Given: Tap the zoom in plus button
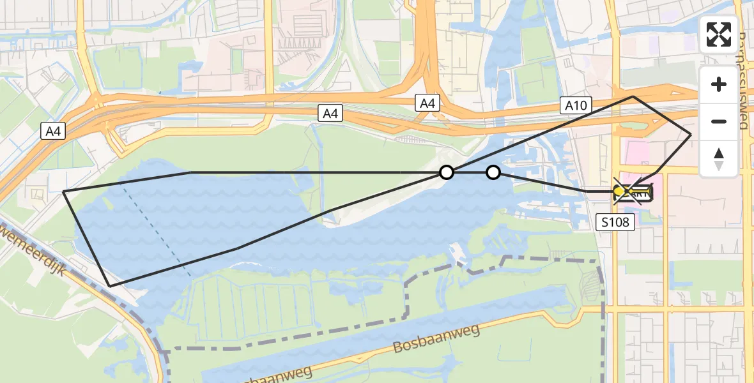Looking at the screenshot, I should tap(719, 84).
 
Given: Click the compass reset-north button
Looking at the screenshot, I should tap(719, 159).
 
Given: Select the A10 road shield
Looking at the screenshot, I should tap(576, 105).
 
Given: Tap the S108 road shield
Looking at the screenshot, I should tap(615, 222).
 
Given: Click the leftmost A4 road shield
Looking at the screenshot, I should tap(54, 131).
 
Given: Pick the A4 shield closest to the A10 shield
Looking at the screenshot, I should tap(427, 103).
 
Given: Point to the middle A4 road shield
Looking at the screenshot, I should tap(330, 114).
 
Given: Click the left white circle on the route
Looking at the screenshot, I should tap(447, 172).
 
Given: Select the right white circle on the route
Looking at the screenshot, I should tap(493, 172).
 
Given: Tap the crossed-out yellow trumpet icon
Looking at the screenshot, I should tap(631, 191).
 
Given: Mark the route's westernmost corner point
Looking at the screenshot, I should tap(64, 191).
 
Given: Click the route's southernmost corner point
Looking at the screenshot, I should tap(110, 286).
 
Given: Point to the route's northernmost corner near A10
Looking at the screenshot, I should tap(633, 96).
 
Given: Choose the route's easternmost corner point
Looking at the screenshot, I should tap(691, 134).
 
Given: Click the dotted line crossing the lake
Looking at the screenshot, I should tap(157, 230).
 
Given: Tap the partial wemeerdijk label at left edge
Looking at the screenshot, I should tap(19, 242).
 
